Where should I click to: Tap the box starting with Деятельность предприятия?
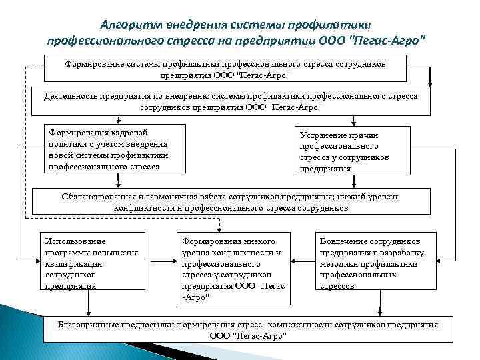231,101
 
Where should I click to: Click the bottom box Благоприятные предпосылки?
248,330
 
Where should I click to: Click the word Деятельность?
71,96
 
